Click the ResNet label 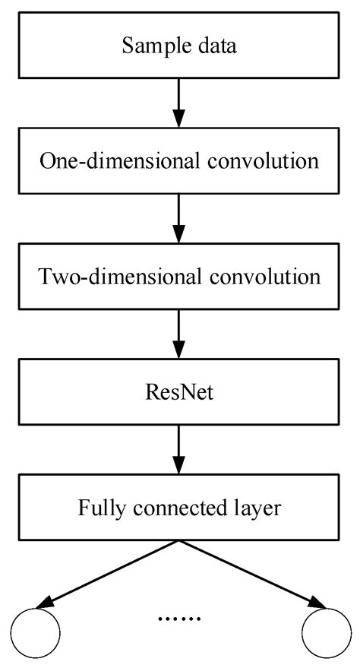coord(179,392)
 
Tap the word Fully coord(98,508)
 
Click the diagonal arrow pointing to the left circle coord(106,573)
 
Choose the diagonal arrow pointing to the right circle coord(252,573)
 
